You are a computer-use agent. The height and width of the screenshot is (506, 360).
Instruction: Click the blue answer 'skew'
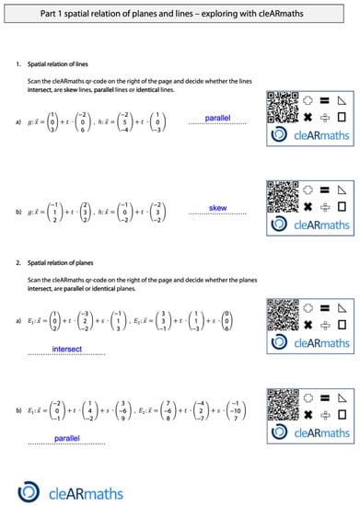tap(218, 209)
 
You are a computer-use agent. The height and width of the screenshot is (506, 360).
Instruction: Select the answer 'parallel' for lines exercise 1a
tap(218, 119)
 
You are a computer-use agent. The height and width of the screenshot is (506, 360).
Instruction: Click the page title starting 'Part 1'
tap(180, 14)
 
